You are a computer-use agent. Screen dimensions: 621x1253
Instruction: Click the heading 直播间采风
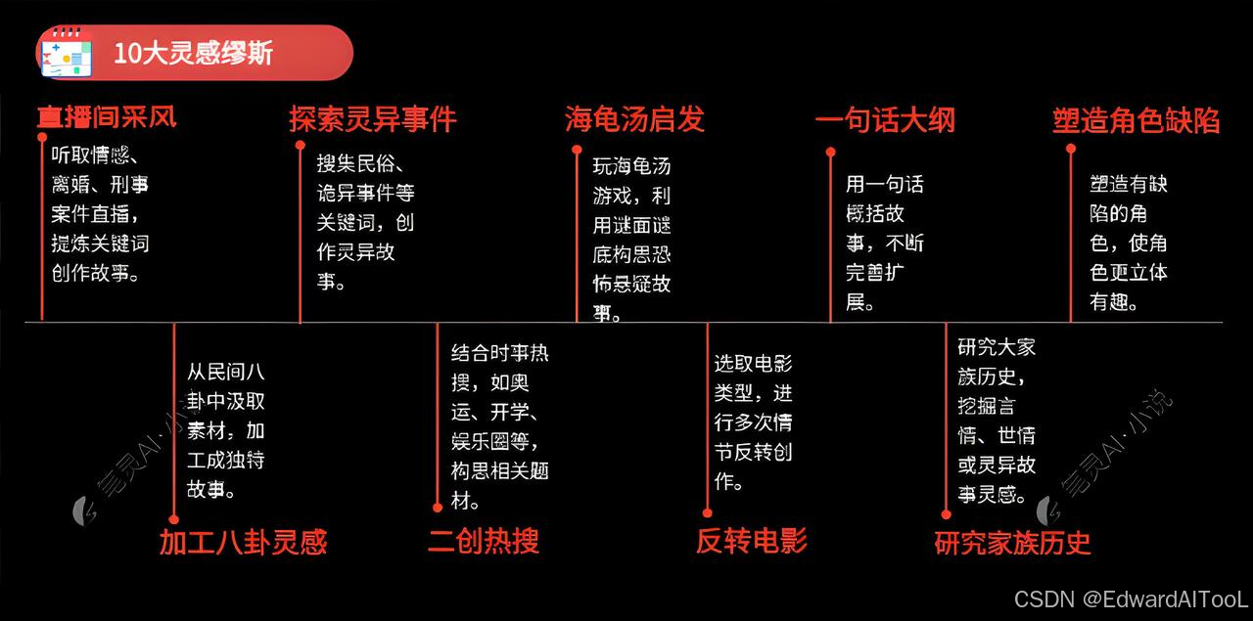click(107, 118)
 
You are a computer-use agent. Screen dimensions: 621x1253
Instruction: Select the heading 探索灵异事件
click(372, 119)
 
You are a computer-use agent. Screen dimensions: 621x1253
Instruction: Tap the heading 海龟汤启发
click(634, 119)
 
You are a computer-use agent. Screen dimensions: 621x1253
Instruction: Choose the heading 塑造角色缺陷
click(1137, 120)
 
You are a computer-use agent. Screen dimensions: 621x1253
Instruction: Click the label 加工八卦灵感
click(243, 541)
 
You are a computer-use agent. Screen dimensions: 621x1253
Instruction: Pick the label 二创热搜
click(484, 540)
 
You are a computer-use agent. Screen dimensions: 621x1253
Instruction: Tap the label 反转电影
click(752, 540)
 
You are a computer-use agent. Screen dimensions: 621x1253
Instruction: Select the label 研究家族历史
click(1012, 542)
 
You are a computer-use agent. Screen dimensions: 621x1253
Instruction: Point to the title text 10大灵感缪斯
click(193, 53)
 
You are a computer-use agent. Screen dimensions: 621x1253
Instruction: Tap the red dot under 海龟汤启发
click(577, 149)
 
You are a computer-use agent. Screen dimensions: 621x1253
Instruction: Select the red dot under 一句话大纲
click(830, 152)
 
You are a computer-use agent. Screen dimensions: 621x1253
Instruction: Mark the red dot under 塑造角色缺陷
click(1071, 149)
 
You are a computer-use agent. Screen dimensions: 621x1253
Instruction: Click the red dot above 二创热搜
click(438, 507)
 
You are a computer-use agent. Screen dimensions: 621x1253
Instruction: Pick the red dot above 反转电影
click(707, 511)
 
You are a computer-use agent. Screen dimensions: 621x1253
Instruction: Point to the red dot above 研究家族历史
click(946, 513)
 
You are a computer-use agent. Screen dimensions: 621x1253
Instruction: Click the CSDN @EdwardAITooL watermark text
click(1131, 599)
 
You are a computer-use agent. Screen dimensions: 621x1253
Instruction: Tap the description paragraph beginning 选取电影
click(753, 421)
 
